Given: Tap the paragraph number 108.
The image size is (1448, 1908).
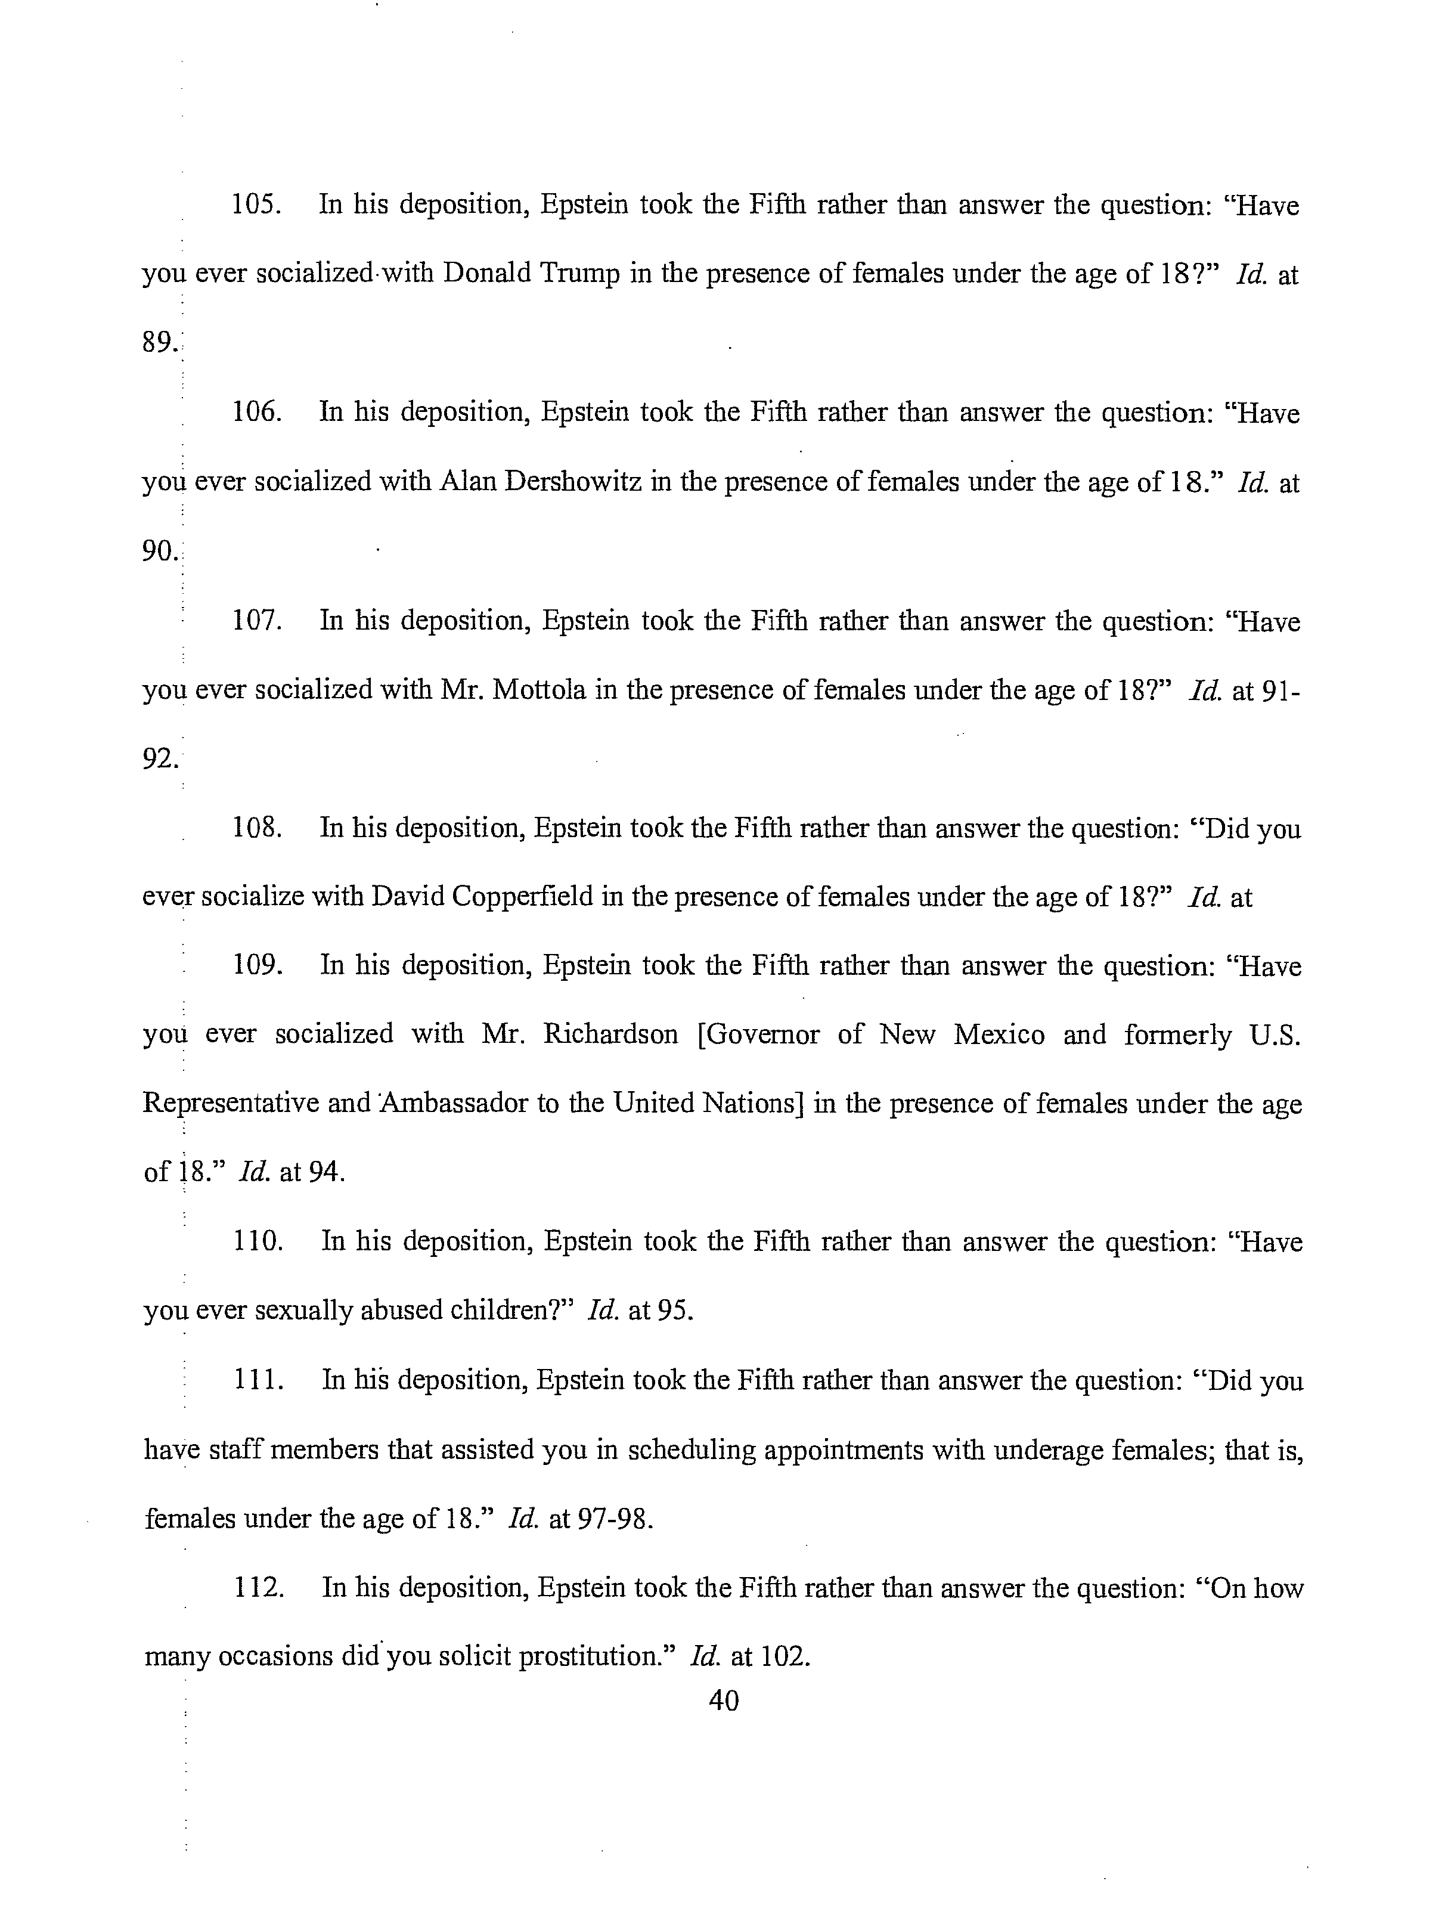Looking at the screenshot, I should click(x=257, y=828).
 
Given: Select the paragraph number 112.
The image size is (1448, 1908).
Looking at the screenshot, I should click(x=259, y=1588).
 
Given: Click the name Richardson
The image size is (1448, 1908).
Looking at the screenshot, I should click(x=610, y=1034).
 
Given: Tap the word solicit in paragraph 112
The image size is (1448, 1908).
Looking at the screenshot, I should click(x=473, y=1657).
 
